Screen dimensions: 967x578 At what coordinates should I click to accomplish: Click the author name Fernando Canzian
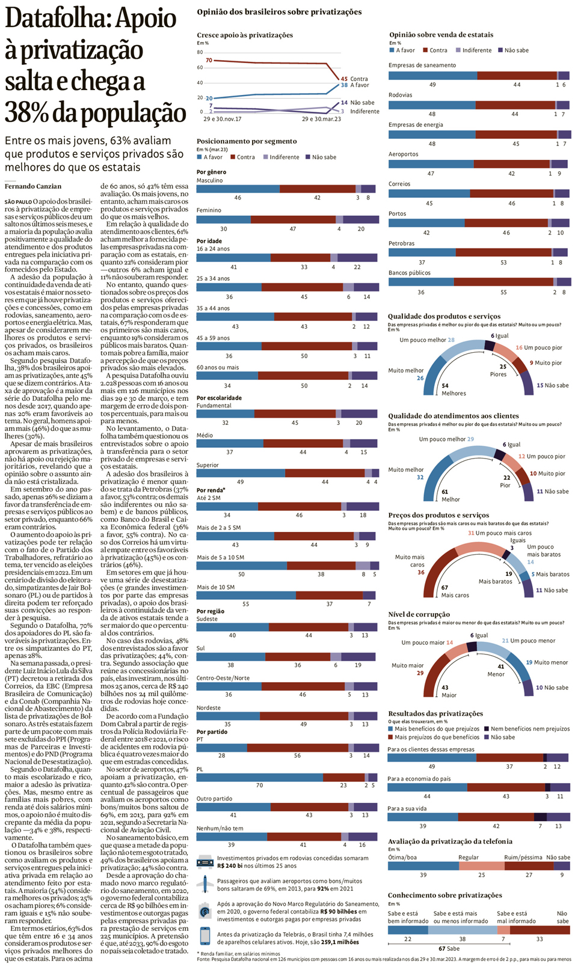point(33,186)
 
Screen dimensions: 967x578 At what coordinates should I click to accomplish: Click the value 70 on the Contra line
point(209,61)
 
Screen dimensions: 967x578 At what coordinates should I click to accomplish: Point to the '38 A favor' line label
point(355,85)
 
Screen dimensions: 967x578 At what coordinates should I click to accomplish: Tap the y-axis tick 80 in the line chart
point(200,52)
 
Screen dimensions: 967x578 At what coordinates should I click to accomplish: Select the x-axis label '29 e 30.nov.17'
point(222,119)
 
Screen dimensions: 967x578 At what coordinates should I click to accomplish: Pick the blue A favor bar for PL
point(259,777)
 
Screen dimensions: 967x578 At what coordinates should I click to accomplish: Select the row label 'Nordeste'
point(208,708)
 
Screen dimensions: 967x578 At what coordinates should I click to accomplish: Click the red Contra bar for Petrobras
point(503,252)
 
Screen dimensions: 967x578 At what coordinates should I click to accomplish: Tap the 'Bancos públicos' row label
point(409,273)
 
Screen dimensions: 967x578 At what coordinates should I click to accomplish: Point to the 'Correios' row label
point(399,184)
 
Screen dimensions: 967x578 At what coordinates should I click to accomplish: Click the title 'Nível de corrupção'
point(419,614)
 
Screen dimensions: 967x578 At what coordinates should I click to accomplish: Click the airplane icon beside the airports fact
point(205,884)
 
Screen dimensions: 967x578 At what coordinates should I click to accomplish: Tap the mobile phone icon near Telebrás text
point(205,936)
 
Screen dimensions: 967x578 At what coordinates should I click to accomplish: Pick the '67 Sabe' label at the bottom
point(449,948)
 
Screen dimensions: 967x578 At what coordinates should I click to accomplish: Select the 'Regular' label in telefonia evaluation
point(469,858)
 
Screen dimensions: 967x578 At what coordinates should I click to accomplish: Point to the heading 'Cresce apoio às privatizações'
point(245,35)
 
